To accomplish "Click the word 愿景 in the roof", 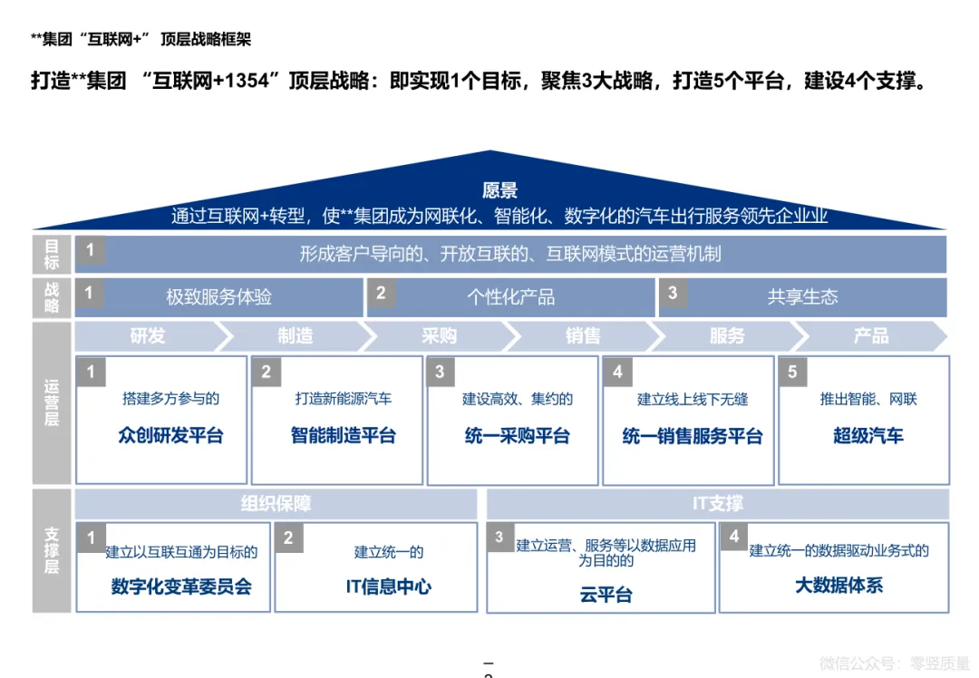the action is (x=499, y=190).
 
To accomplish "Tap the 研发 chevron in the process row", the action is (x=147, y=336).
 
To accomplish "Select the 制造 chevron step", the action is (x=295, y=336).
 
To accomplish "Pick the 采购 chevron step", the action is (x=439, y=336).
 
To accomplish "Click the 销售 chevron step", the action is (x=583, y=336).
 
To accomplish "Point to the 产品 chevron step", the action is (x=870, y=336).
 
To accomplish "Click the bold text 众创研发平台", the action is (x=170, y=435).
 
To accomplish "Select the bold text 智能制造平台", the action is (x=343, y=435).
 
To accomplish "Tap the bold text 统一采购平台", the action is (x=517, y=435).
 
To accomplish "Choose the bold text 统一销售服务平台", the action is (x=693, y=435).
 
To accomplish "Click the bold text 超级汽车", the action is (x=868, y=435).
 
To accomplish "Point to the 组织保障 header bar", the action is (x=276, y=504).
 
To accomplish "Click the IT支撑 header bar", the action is (x=717, y=504).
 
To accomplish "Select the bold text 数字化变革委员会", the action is (x=181, y=586).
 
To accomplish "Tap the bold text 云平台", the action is (x=606, y=595).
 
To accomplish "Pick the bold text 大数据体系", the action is (x=838, y=586).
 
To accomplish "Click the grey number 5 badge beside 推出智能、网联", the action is (x=792, y=372).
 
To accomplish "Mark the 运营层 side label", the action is (x=52, y=402).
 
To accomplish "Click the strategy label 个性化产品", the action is (x=510, y=297).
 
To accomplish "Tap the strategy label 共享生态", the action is (x=802, y=296).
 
